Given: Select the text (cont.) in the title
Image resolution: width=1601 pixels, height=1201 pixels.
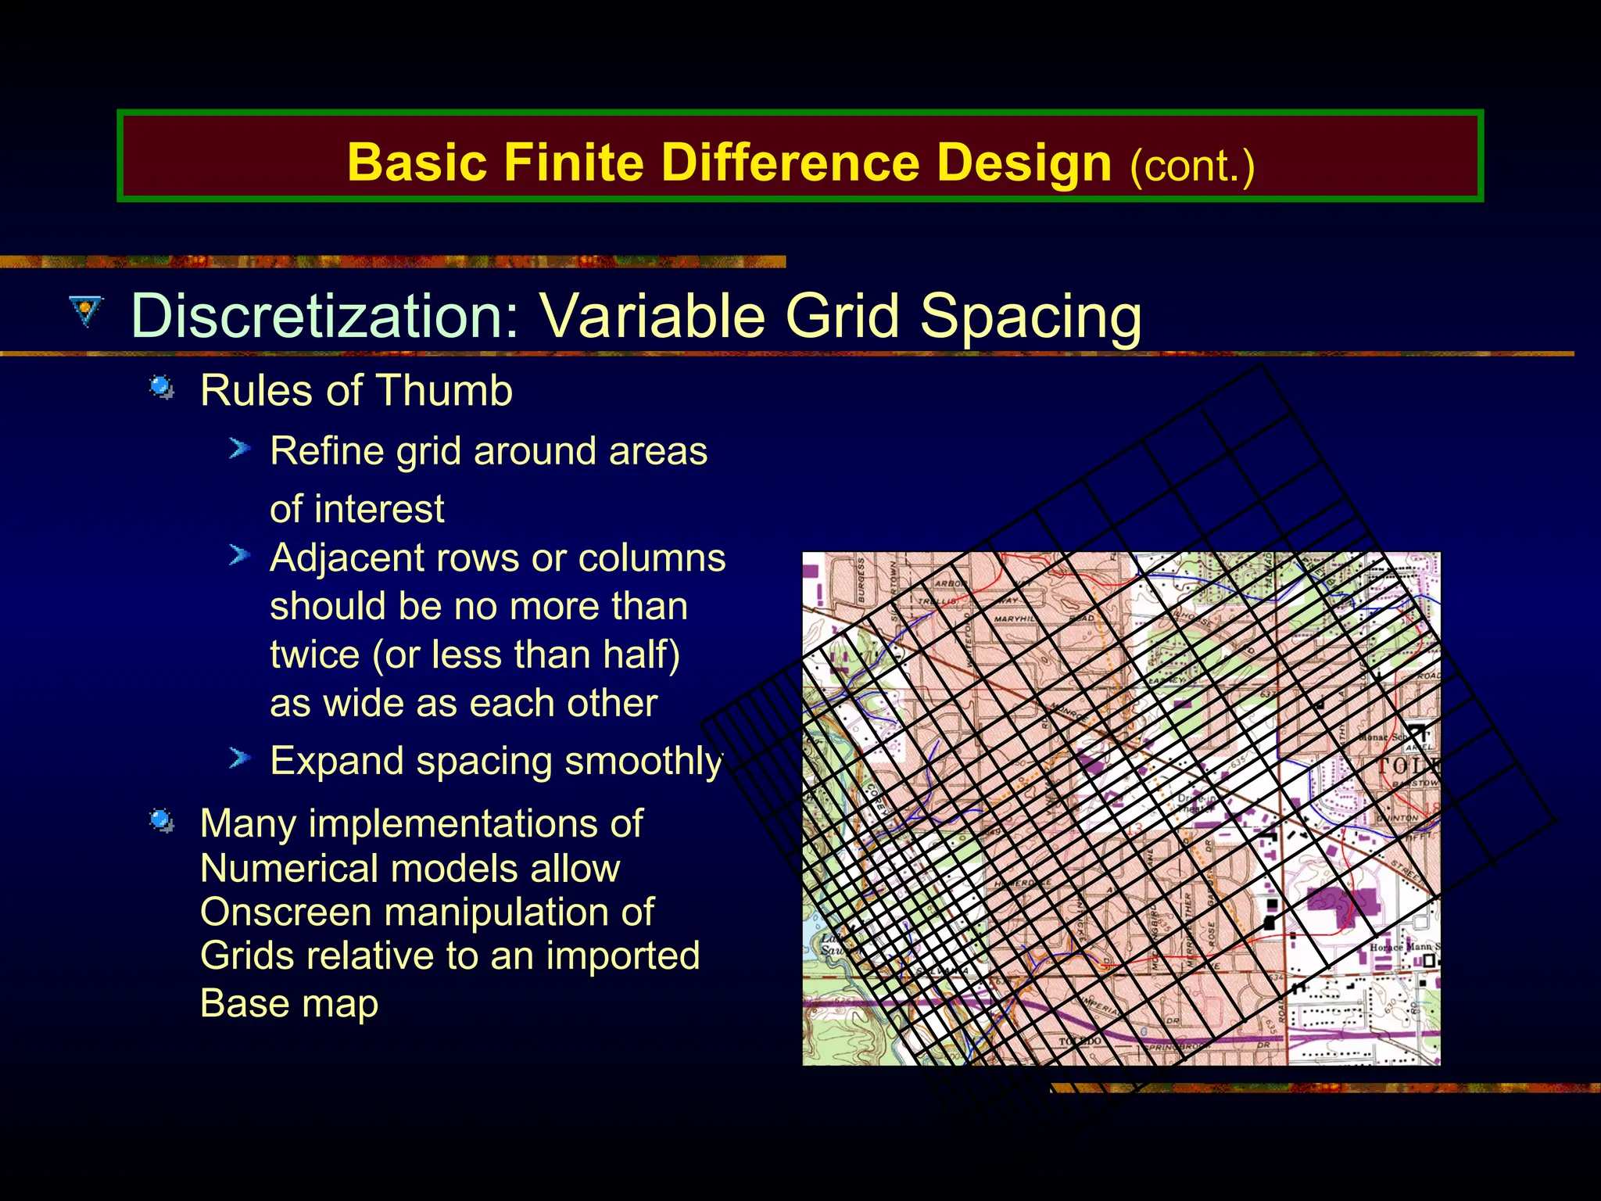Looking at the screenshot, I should [x=1191, y=166].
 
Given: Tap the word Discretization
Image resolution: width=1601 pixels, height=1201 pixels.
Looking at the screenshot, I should [x=324, y=316].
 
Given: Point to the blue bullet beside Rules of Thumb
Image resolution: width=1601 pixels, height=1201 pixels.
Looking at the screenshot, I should [x=162, y=387].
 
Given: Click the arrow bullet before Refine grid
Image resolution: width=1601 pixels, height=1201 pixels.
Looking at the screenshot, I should [x=239, y=449].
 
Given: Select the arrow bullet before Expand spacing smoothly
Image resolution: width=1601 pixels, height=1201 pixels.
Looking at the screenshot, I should [x=239, y=758].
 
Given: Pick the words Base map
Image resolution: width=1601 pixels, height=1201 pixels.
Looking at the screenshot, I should [x=289, y=1003].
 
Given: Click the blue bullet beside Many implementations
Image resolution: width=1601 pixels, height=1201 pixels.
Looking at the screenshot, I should [x=162, y=821].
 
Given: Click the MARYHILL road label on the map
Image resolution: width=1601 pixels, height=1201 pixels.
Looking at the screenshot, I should [x=1015, y=619].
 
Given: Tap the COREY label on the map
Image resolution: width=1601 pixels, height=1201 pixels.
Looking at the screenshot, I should [x=874, y=799].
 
